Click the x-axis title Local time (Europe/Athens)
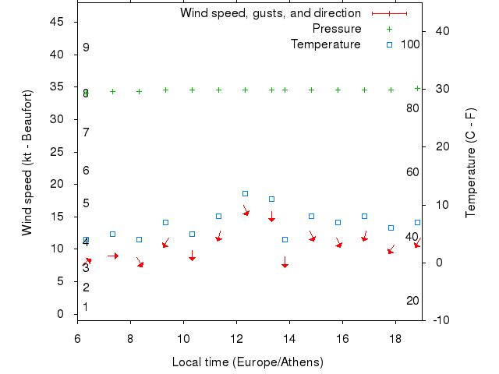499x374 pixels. [247, 362]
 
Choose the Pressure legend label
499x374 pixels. [336, 29]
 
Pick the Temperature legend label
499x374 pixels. [325, 44]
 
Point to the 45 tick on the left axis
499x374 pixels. [57, 22]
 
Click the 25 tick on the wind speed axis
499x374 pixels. [57, 152]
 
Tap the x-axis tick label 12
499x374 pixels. [236, 339]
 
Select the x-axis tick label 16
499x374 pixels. [342, 339]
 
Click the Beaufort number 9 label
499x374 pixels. [86, 48]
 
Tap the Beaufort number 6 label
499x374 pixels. [86, 170]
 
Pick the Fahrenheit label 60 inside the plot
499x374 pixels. [412, 172]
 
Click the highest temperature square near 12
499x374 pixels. [245, 193]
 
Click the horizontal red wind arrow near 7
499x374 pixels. [113, 256]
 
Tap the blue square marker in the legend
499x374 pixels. [390, 44]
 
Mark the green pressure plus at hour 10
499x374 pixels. [192, 90]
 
